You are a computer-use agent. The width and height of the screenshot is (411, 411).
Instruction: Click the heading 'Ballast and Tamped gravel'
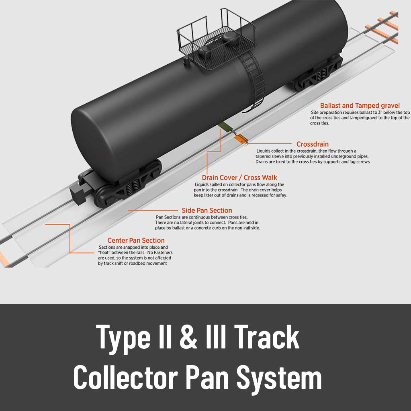coord(360,106)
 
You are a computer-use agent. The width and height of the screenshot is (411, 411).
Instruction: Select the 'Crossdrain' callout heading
coord(312,144)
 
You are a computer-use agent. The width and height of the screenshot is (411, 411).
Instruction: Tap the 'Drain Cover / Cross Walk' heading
coord(239,178)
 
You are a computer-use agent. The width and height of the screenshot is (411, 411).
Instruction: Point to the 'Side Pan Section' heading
coord(207,211)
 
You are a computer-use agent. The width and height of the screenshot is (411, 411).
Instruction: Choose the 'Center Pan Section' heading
coord(136,241)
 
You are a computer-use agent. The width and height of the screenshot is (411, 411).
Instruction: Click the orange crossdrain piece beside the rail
coord(240,139)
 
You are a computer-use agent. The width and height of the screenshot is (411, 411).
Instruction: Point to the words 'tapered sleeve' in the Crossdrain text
coord(272,156)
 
